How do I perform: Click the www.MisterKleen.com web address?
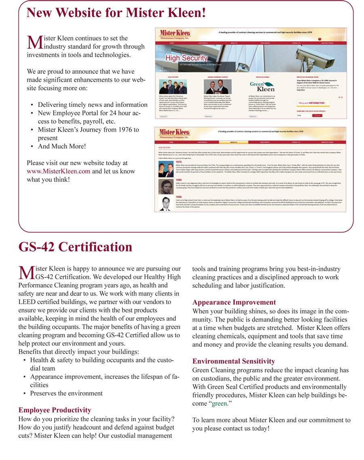click(59, 171)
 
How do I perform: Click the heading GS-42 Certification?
click(75, 247)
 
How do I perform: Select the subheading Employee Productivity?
click(55, 410)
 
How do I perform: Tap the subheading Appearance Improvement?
click(234, 302)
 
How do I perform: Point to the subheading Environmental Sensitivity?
click(233, 361)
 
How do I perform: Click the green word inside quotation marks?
click(219, 404)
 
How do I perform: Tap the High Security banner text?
click(186, 58)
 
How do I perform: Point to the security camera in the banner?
click(320, 57)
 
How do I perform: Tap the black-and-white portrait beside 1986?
click(165, 204)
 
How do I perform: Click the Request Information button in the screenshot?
click(313, 103)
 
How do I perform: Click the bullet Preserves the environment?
click(66, 393)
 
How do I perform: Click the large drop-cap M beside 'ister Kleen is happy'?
click(26, 273)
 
